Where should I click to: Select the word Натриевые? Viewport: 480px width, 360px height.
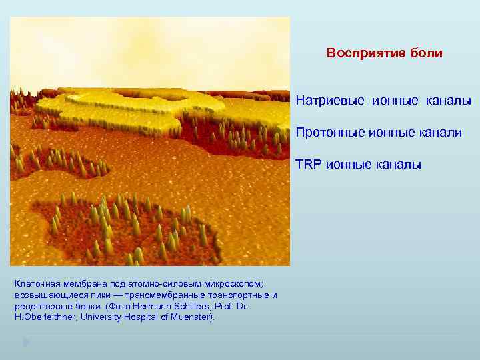(330, 101)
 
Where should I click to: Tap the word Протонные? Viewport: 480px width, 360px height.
(330, 133)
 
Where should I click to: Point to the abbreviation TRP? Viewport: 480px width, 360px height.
(309, 164)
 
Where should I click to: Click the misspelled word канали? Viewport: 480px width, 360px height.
(438, 133)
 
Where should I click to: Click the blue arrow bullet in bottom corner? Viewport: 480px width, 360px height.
(25, 343)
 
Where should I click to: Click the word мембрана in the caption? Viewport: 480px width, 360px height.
(84, 283)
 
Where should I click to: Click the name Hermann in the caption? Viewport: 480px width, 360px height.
(151, 306)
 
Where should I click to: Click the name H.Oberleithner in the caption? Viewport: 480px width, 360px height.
(44, 317)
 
